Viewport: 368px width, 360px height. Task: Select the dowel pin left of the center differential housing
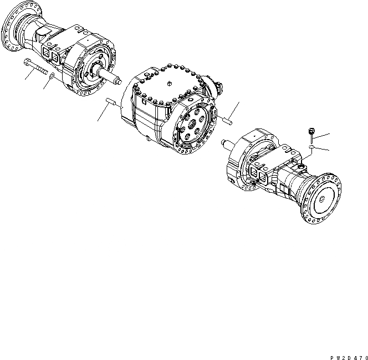pos(111,102)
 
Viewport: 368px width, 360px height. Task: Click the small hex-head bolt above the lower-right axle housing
pos(310,132)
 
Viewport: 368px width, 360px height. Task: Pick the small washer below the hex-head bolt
pos(311,148)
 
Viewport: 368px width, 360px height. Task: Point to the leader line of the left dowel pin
pos(102,114)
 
